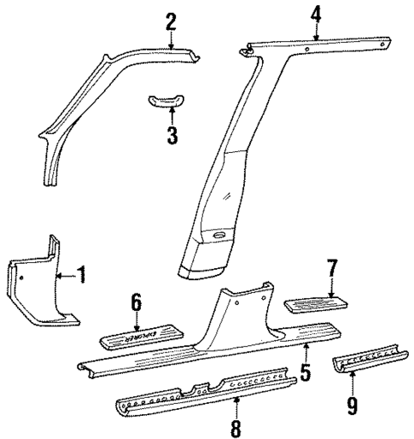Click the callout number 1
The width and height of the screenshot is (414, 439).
pyautogui.click(x=82, y=274)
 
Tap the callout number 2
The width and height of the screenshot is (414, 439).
pyautogui.click(x=172, y=20)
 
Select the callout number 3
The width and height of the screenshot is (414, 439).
pyautogui.click(x=172, y=135)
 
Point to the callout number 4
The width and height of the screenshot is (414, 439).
pyautogui.click(x=317, y=14)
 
